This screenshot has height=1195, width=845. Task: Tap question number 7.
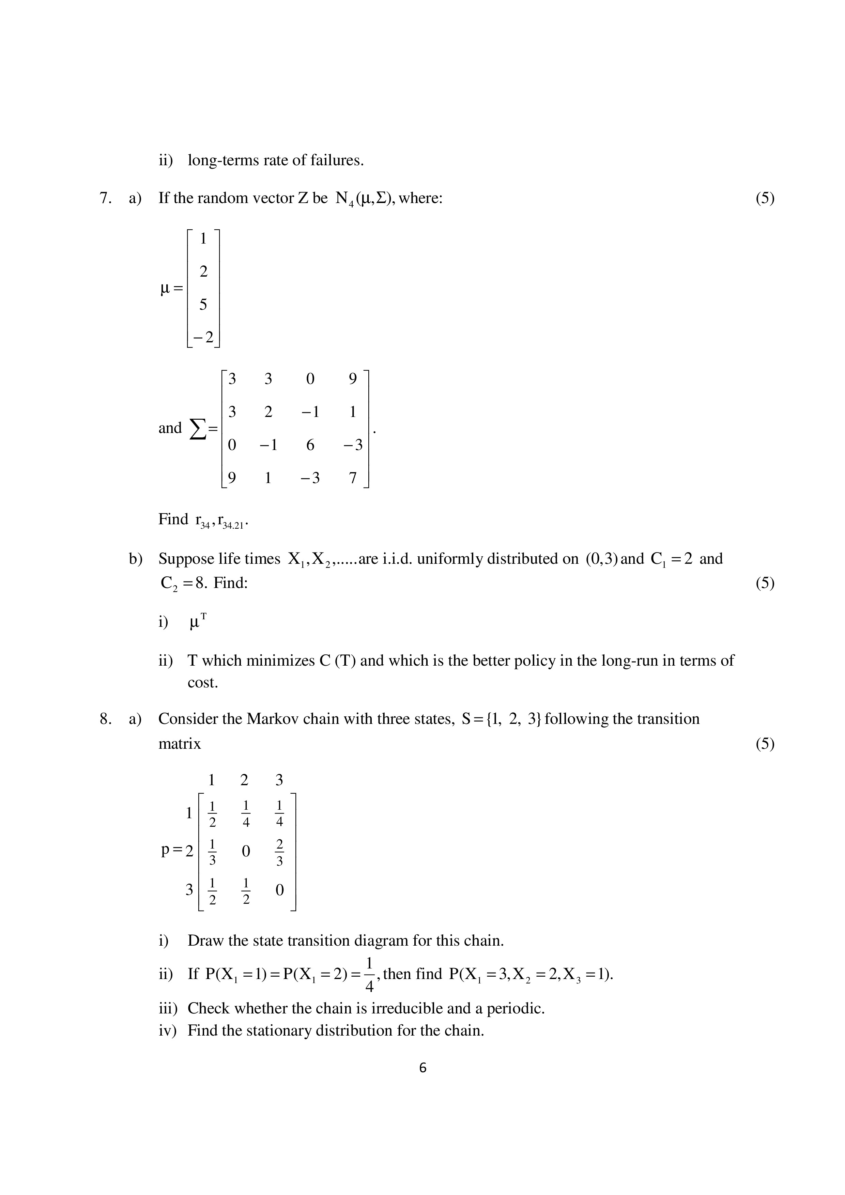click(x=105, y=198)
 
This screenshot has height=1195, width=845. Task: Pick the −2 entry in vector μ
click(x=203, y=337)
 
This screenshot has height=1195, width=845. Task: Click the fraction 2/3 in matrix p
click(x=280, y=852)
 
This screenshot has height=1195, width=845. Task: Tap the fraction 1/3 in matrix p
click(x=212, y=852)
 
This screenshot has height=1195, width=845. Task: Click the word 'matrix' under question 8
click(x=180, y=744)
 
